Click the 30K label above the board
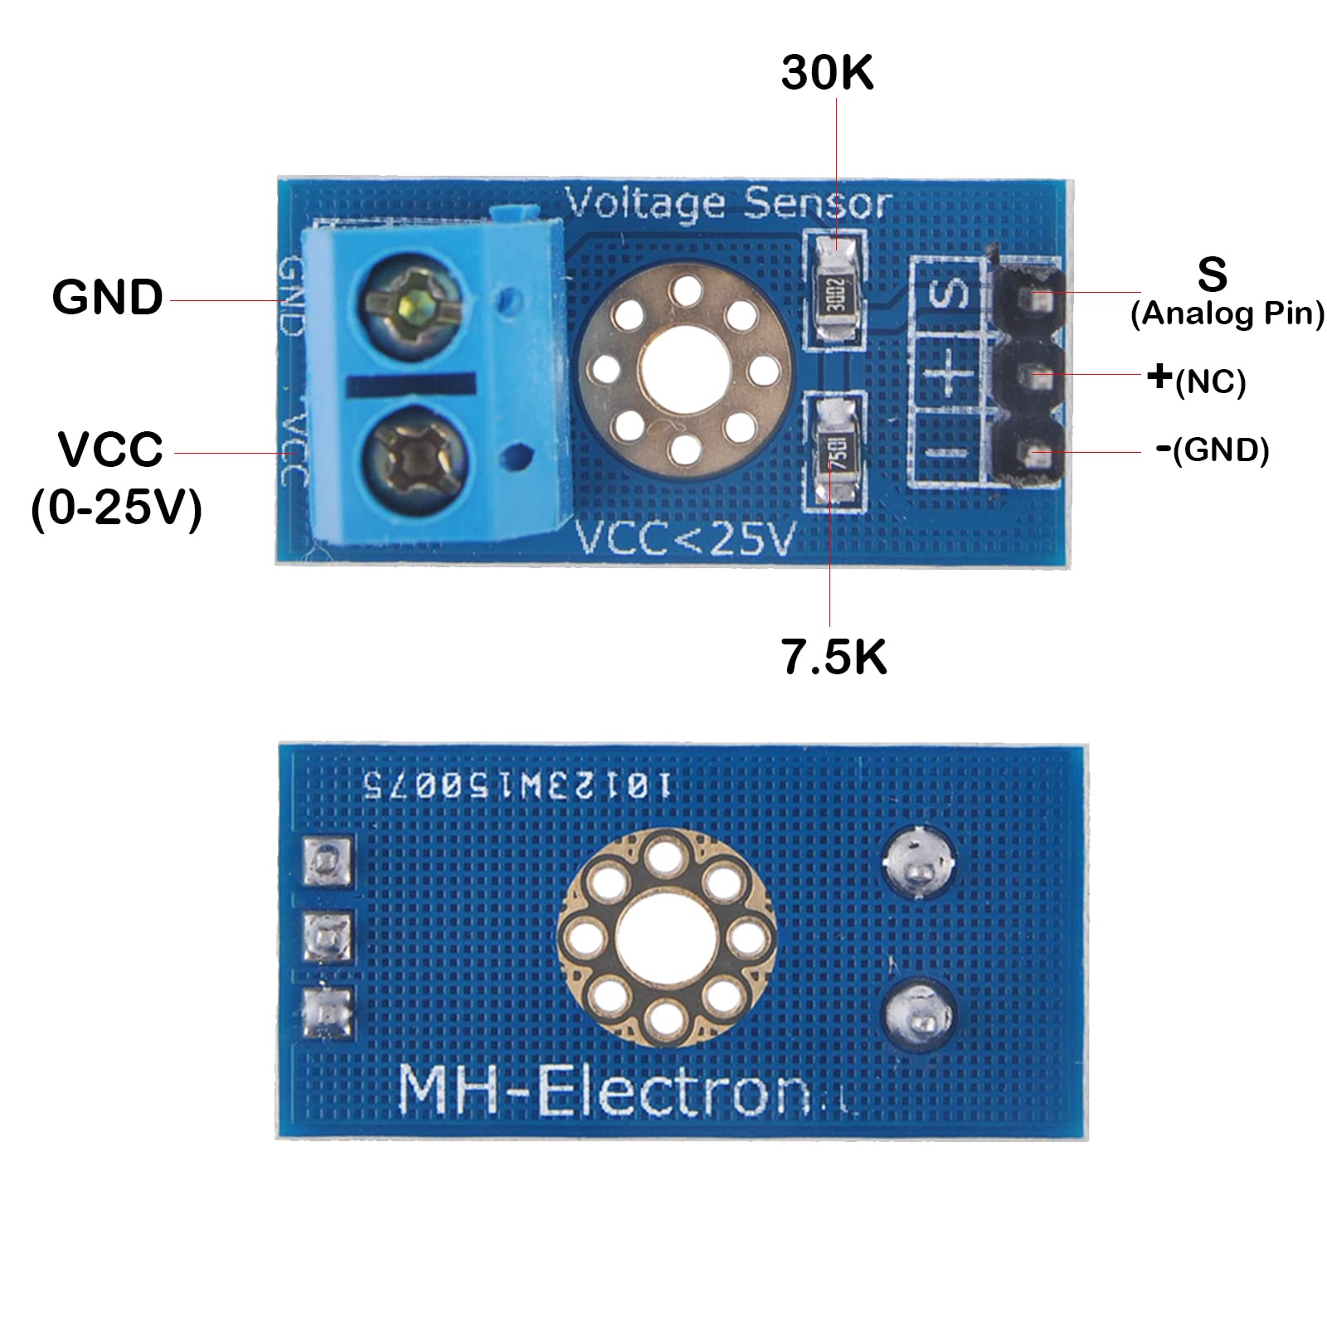point(827,73)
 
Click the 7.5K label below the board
point(834,657)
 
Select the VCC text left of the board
point(110,450)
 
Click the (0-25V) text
point(116,508)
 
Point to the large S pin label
point(1212,274)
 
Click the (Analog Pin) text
point(1227,314)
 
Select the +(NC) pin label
point(1196,379)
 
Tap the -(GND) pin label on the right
point(1212,450)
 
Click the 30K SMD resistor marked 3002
point(836,293)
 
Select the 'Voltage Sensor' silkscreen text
point(728,203)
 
